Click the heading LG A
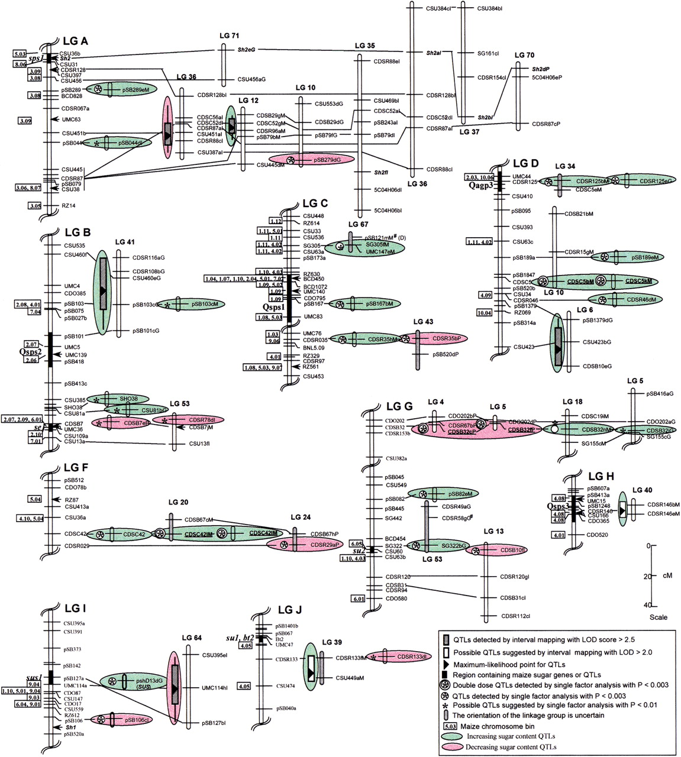click(x=75, y=41)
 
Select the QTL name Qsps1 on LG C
click(x=274, y=307)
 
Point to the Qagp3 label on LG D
click(x=479, y=186)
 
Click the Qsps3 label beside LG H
click(x=559, y=507)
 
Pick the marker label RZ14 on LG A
click(x=68, y=206)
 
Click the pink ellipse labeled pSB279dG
click(x=312, y=160)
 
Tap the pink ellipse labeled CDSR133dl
click(x=404, y=656)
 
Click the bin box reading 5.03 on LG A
click(x=19, y=53)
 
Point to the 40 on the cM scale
click(x=648, y=605)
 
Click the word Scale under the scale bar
click(x=658, y=617)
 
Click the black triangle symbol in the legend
click(x=447, y=664)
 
